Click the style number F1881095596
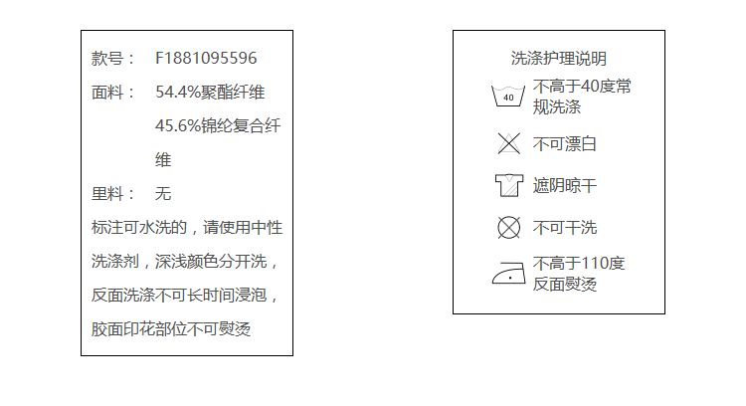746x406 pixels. (x=206, y=59)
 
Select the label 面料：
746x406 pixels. (x=113, y=93)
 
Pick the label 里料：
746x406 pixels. (x=113, y=194)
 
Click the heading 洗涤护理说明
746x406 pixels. (x=558, y=59)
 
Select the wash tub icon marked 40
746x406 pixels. (x=508, y=97)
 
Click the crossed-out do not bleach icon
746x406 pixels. (x=508, y=143)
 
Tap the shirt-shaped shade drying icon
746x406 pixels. (x=508, y=185)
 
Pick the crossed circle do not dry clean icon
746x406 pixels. (x=508, y=228)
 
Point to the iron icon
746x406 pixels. (x=508, y=272)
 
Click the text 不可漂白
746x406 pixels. (x=565, y=144)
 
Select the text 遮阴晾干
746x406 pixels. (x=565, y=186)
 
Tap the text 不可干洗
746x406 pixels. (x=565, y=228)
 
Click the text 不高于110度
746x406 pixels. (x=579, y=264)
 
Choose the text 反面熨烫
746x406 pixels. (x=565, y=285)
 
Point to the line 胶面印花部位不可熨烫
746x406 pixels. (x=171, y=329)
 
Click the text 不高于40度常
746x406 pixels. (x=582, y=87)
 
